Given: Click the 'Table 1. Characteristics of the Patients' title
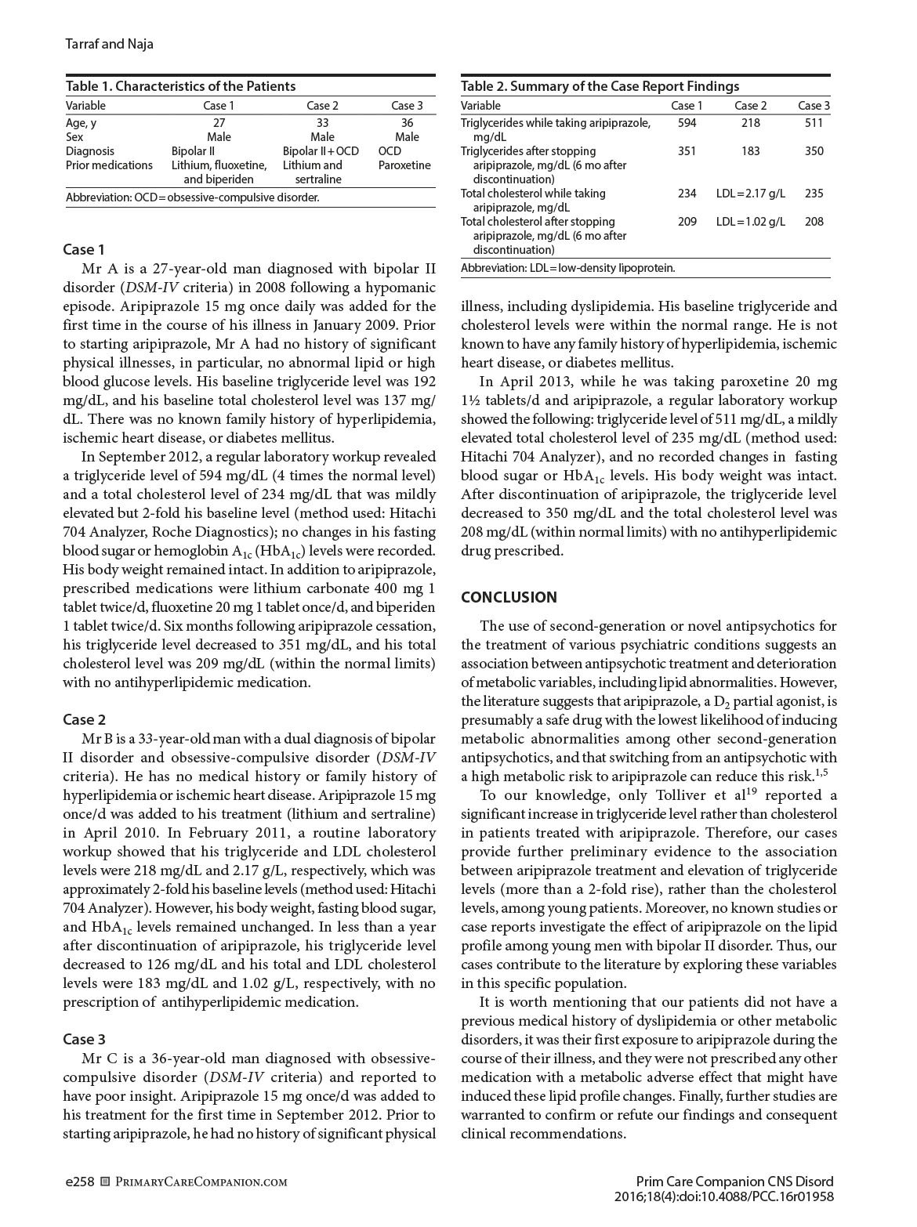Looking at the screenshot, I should pos(180,86).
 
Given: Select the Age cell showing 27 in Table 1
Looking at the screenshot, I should pos(219,123).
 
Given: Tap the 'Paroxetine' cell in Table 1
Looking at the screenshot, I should pos(404,165).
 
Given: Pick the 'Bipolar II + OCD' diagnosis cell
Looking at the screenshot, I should pos(321,151).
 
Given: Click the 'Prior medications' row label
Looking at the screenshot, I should pos(109,165).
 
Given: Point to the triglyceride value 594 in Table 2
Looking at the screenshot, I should pos(687,123).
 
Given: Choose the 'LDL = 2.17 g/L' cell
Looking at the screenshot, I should pos(750,194).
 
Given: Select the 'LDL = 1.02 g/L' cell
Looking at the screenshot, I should pos(750,222).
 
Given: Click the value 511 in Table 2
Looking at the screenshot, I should pos(814,123).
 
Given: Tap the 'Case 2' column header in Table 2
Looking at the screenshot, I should pos(750,106).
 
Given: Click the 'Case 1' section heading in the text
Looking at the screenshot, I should pos(84,250).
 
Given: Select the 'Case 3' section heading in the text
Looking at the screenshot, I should pos(84,1040).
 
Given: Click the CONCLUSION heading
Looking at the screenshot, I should pos(509,598).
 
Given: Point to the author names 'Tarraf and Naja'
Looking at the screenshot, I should pos(109,44).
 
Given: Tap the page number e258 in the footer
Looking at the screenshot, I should pos(79,1182).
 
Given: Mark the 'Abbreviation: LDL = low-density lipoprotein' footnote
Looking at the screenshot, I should pos(567,268).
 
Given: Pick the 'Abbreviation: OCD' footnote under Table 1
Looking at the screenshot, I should pos(192,197).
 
